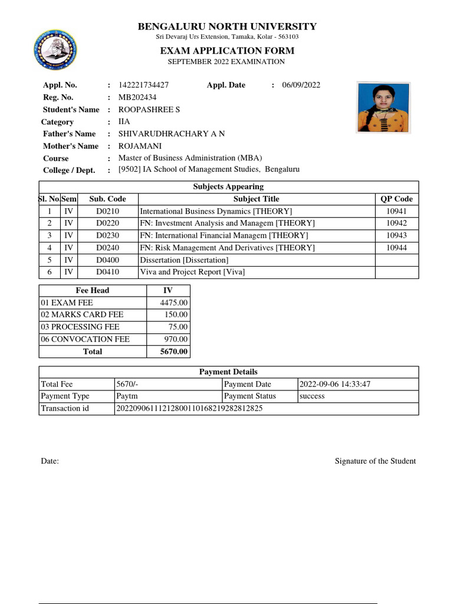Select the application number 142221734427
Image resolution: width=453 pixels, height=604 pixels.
click(143, 85)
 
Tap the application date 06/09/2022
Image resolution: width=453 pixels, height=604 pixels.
click(301, 85)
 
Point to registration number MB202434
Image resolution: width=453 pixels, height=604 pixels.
click(137, 97)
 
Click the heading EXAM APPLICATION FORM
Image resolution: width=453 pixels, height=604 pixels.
click(227, 51)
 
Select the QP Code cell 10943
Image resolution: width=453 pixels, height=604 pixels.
click(396, 235)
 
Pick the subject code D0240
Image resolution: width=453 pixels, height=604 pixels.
click(107, 248)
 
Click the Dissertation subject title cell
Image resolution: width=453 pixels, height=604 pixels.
click(184, 260)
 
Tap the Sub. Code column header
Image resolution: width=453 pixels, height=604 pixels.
click(107, 199)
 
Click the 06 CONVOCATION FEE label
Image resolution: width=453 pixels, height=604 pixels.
click(85, 339)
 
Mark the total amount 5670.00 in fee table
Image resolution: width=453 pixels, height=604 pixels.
click(173, 352)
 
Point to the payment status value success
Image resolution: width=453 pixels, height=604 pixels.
click(312, 396)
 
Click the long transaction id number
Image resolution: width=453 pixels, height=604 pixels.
click(189, 409)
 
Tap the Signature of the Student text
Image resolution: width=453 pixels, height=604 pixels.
click(375, 461)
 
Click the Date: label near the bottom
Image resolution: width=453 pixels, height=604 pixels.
click(50, 461)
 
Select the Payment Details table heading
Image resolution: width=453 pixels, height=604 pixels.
click(228, 372)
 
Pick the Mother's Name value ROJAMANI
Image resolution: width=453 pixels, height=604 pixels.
click(140, 146)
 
